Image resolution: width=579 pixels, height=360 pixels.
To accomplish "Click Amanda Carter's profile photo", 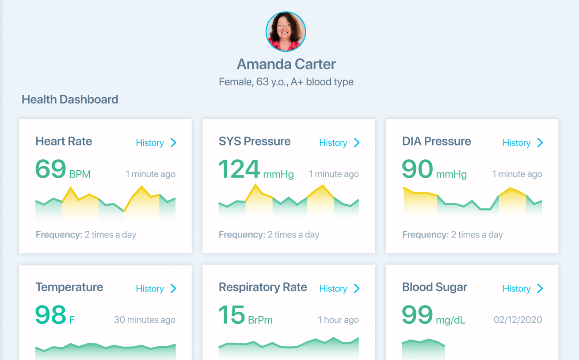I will click(286, 32).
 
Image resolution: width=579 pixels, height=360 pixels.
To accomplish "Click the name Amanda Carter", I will click(286, 64).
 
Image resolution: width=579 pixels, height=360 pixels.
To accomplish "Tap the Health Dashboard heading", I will click(70, 100).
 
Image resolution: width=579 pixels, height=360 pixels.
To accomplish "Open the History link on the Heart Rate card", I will click(156, 143).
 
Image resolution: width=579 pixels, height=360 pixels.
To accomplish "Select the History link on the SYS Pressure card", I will click(339, 143).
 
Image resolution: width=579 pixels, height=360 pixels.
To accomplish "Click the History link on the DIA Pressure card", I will click(522, 143).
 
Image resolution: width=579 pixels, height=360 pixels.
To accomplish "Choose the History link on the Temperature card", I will click(156, 289).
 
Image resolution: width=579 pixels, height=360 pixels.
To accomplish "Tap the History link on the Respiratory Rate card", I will click(339, 289).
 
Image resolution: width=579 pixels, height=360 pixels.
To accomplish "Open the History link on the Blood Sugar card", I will click(522, 289).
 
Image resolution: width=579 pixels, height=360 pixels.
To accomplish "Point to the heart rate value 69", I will click(50, 169).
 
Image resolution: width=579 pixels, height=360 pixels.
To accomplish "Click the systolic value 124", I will click(239, 169).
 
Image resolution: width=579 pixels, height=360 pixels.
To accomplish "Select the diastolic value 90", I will click(417, 169).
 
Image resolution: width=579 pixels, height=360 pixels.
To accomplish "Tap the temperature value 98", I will click(50, 315).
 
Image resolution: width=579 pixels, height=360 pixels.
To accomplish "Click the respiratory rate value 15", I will click(232, 315).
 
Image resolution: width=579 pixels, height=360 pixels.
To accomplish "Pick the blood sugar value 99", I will click(417, 315).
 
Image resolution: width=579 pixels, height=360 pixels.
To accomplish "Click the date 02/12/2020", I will click(518, 320).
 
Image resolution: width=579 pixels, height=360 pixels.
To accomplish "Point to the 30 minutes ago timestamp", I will click(145, 320).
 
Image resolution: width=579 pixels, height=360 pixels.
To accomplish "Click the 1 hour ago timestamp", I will click(338, 320).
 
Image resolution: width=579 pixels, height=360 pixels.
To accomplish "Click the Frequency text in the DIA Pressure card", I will click(452, 235).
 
